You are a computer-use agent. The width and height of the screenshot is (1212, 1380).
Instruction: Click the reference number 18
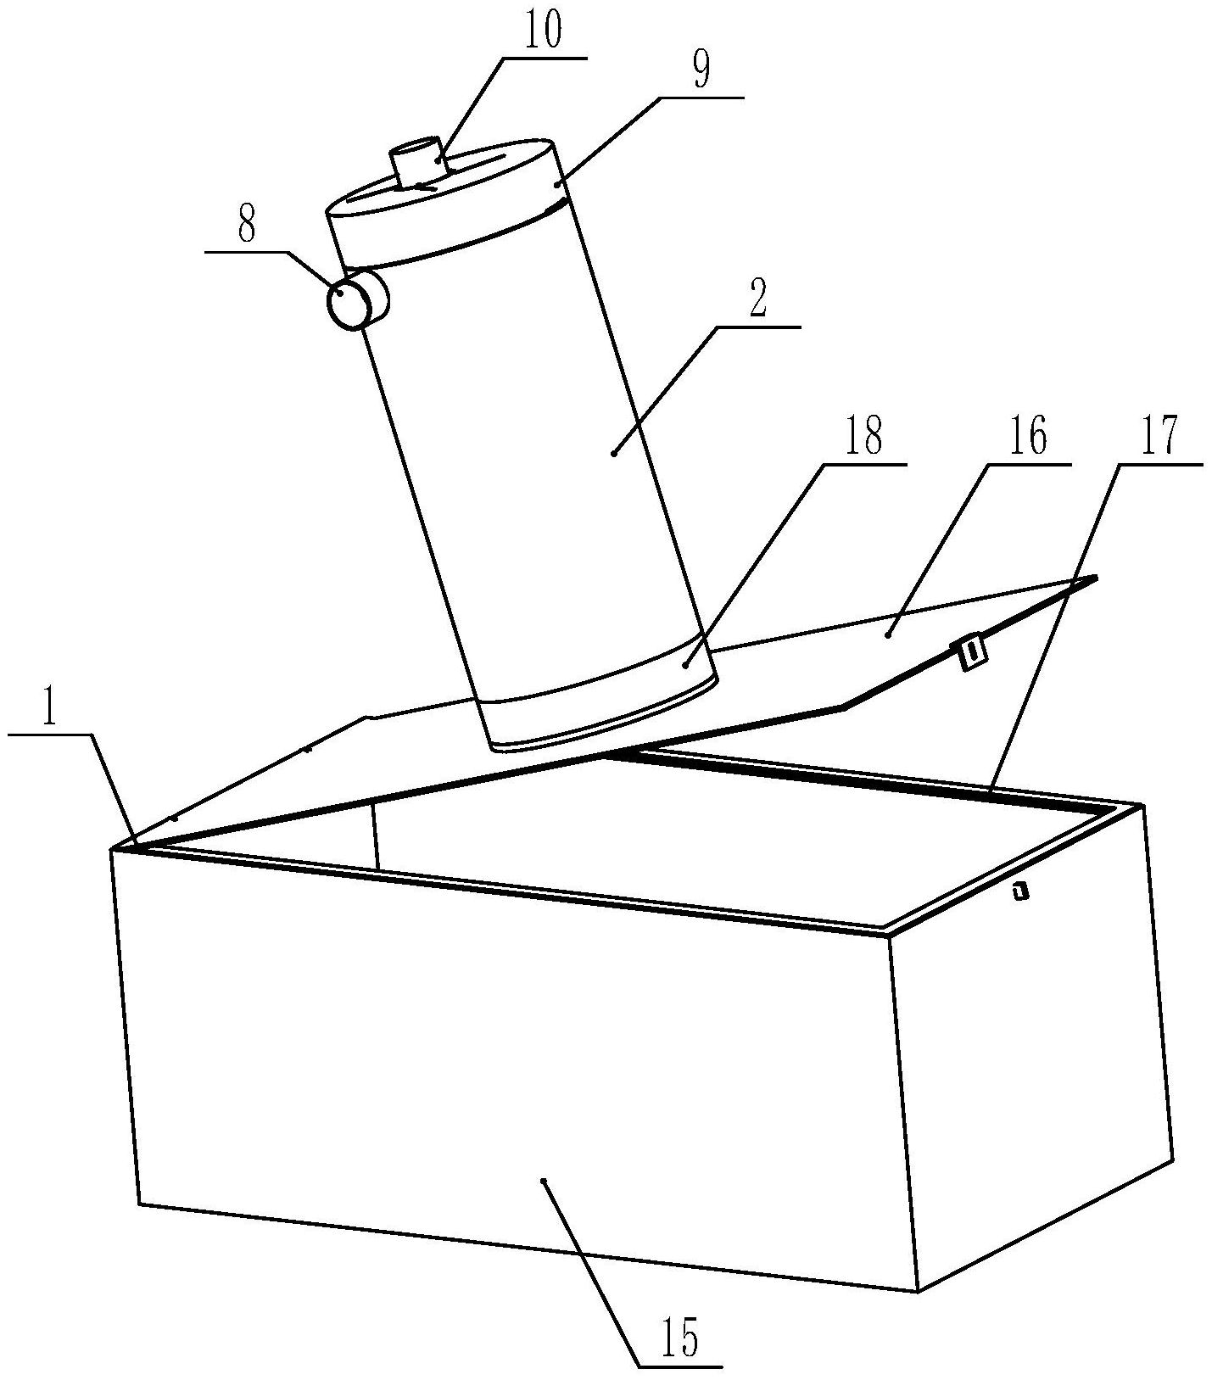coord(863,438)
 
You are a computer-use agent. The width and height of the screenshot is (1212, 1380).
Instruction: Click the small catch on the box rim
coord(1020,891)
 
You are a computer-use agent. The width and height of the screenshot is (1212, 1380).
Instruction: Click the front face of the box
coord(509,1060)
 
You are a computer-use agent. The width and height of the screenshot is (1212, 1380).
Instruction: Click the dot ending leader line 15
coord(544,1180)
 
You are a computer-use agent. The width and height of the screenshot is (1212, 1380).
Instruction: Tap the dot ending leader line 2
coord(613,455)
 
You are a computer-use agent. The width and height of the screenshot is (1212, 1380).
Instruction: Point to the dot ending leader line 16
coord(888,633)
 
